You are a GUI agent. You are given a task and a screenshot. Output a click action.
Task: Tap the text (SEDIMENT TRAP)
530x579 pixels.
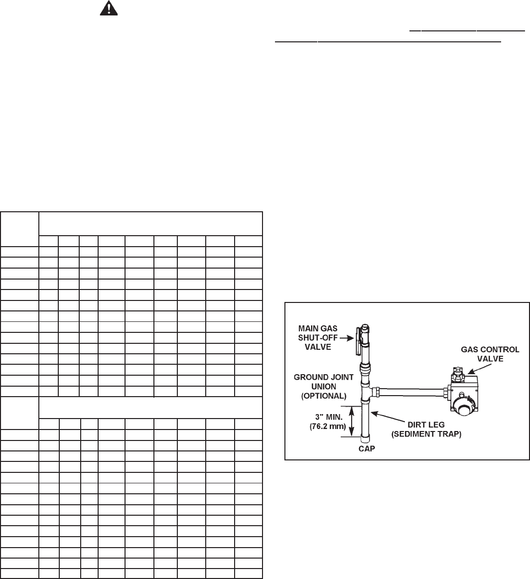[431, 434]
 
